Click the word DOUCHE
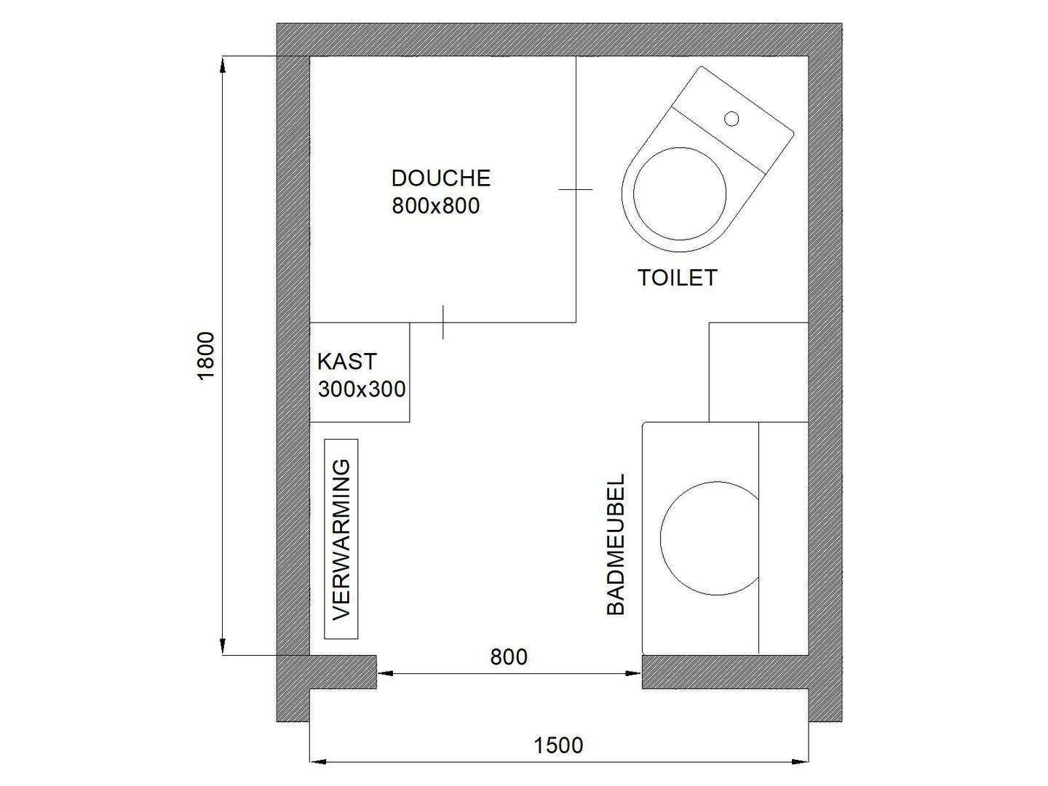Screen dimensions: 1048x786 pos(441,178)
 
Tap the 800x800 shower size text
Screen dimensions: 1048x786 pos(435,206)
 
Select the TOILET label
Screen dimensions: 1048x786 pos(678,278)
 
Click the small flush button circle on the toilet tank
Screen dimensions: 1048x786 pos(731,119)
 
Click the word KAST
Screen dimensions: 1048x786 pos(347,362)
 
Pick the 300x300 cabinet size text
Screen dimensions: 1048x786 pos(362,389)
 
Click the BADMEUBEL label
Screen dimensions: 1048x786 pos(616,544)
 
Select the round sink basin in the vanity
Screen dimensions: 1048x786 pos(661,539)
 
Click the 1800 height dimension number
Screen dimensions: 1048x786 pos(206,356)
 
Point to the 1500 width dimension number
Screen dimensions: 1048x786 pos(558,745)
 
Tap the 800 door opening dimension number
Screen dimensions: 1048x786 pos(509,657)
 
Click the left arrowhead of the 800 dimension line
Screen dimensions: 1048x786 pos(385,673)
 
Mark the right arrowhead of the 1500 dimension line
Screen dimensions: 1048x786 pos(801,762)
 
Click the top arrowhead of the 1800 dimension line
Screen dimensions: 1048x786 pos(223,65)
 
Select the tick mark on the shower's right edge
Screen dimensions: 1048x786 pos(576,189)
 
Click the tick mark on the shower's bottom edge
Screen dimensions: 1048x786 pos(443,322)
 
